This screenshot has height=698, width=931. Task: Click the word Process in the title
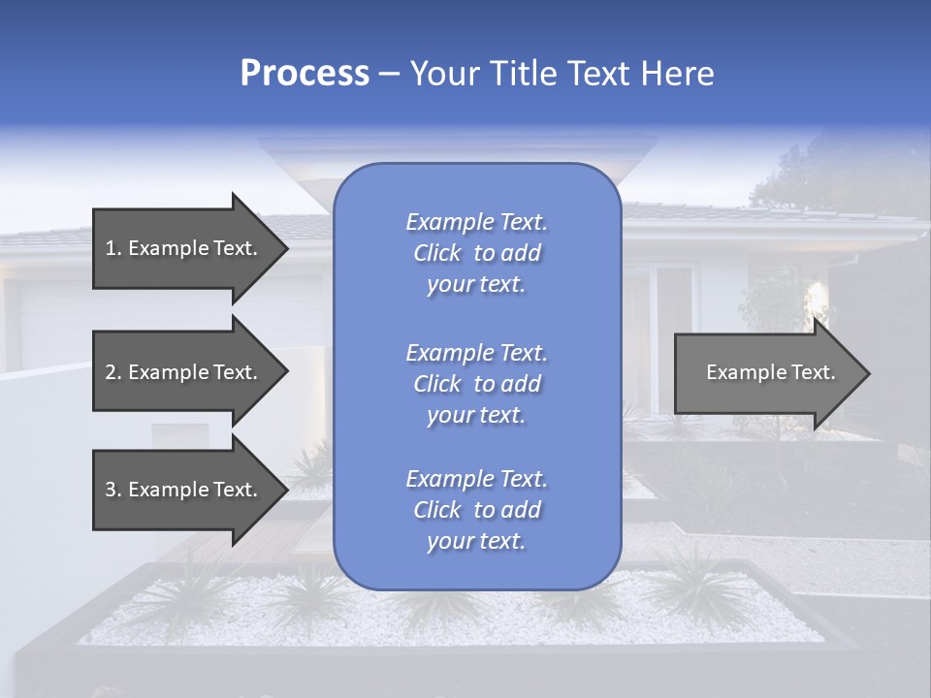click(305, 74)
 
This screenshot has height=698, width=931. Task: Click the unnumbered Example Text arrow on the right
click(770, 372)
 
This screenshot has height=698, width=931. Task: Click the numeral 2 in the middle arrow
click(111, 372)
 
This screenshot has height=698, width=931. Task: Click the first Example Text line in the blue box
click(476, 222)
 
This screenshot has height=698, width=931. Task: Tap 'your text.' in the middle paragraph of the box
click(476, 415)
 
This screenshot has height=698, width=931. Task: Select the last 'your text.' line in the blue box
click(476, 542)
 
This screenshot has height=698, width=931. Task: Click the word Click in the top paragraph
click(436, 253)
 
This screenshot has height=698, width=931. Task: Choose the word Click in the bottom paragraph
click(436, 510)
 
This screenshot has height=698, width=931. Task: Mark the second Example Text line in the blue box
click(476, 353)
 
